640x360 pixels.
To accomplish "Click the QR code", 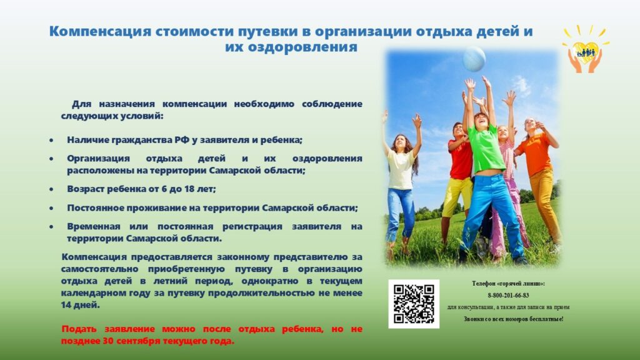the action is (414, 304).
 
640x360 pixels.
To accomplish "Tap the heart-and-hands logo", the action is (585, 50).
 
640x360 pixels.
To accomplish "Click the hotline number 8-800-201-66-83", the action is (508, 295).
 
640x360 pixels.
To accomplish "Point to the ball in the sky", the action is (474, 59).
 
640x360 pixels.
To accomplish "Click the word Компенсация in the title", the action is (100, 31).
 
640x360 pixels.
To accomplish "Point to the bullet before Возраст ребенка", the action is (51, 189).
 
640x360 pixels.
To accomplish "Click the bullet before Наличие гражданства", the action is (51, 141).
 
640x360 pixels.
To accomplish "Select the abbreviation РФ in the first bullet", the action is (182, 140).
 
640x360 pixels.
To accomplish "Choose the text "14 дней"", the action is (81, 305).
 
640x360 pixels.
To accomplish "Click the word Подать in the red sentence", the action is (79, 329).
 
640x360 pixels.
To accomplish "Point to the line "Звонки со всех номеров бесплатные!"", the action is (514, 319).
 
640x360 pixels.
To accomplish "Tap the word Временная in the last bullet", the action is (94, 226).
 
